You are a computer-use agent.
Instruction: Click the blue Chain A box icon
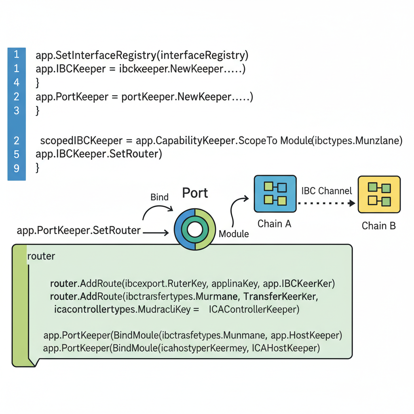[x=275, y=194]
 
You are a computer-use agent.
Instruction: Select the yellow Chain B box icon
[x=379, y=194]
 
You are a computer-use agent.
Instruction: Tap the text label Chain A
[x=275, y=224]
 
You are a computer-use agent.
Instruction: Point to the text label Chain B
[x=378, y=226]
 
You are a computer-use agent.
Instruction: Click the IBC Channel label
[x=327, y=191]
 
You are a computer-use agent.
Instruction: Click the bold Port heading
[x=195, y=193]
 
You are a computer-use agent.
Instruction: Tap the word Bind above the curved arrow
[x=159, y=197]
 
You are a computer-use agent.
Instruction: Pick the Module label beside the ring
[x=233, y=234]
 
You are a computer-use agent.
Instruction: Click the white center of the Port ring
[x=195, y=230]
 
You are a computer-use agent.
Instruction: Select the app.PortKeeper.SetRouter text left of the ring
[x=79, y=230]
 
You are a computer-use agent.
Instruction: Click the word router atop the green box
[x=41, y=256]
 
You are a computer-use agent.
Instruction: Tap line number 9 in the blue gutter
[x=17, y=167]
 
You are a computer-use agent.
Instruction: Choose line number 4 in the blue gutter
[x=17, y=82]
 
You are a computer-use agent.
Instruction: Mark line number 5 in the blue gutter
[x=17, y=154]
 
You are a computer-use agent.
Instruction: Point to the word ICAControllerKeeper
[x=254, y=310]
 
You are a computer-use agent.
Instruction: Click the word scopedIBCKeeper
[x=81, y=141]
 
